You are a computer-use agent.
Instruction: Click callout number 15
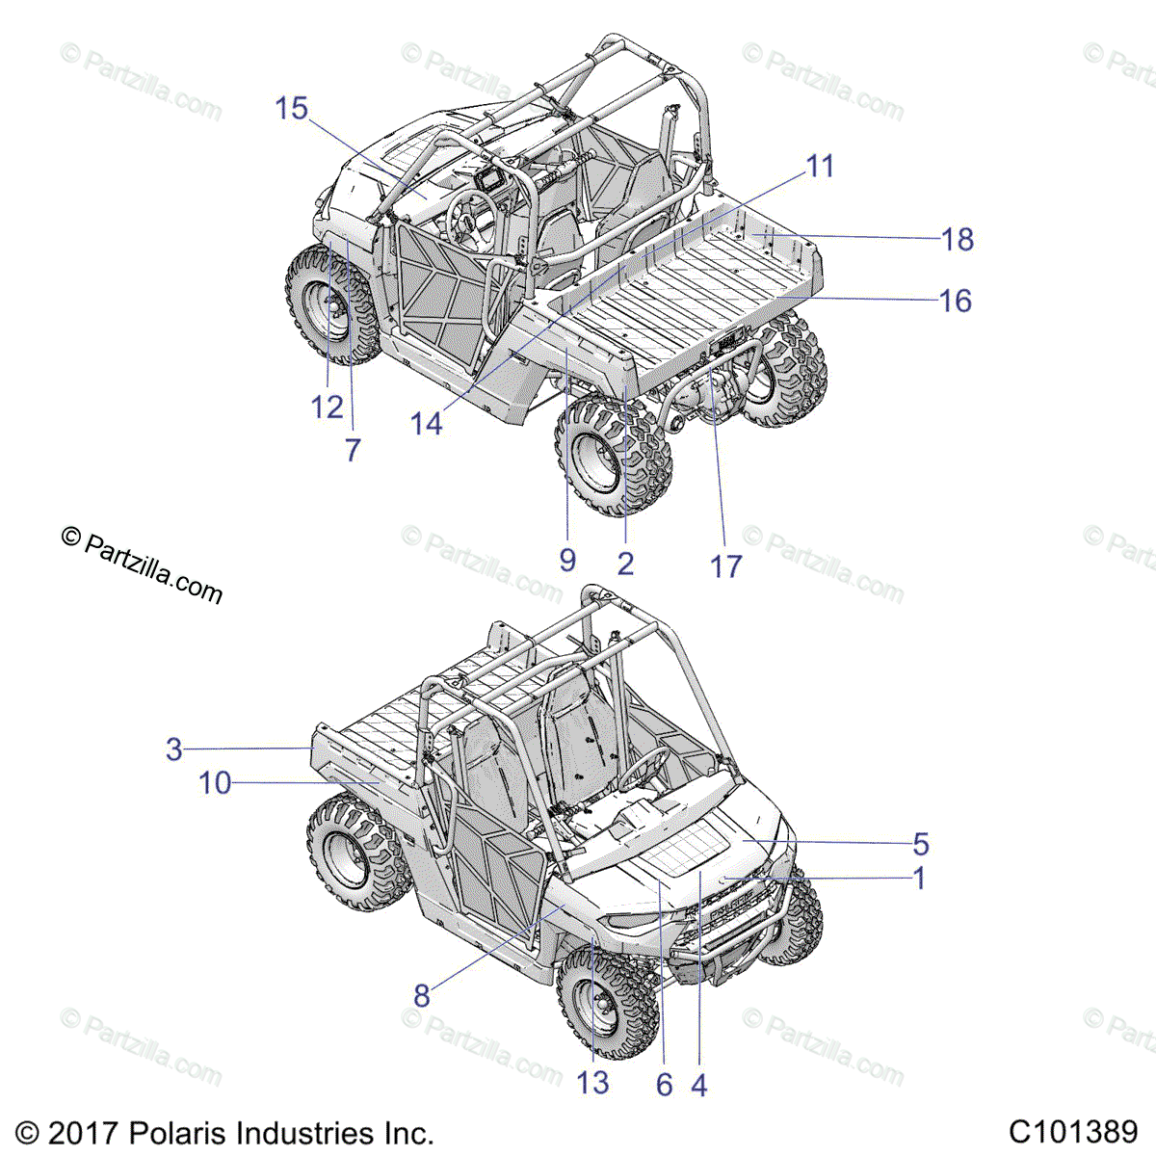coord(291,109)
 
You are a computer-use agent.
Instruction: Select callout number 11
coord(819,167)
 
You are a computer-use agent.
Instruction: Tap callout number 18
coord(958,239)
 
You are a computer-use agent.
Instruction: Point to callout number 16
coord(956,301)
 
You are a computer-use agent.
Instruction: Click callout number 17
coord(726,565)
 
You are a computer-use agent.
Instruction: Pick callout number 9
coord(567,560)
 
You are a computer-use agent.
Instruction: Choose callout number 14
coord(426,423)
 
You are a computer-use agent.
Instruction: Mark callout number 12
coord(327,407)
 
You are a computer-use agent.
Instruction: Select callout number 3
coord(174,749)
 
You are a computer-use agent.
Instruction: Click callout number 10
coord(215,783)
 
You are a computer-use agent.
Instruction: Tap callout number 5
coord(921,844)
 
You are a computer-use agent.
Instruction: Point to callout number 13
coord(593,1083)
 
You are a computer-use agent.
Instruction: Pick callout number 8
coord(421,995)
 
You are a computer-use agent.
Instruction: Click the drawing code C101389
coord(1073,1131)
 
